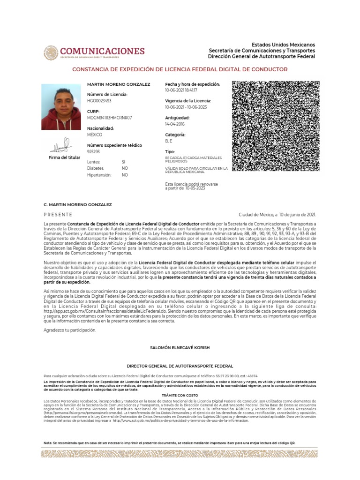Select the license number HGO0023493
click(99, 101)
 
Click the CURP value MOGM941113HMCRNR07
click(110, 118)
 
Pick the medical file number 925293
click(94, 152)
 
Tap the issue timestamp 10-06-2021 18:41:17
click(181, 90)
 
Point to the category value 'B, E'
click(169, 141)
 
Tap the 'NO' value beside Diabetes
click(125, 168)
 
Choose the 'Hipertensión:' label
click(99, 175)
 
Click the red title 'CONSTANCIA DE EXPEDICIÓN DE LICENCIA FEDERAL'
click(180, 69)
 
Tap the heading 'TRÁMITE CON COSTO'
click(180, 396)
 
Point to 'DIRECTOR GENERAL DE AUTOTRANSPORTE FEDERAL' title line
click(180, 366)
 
